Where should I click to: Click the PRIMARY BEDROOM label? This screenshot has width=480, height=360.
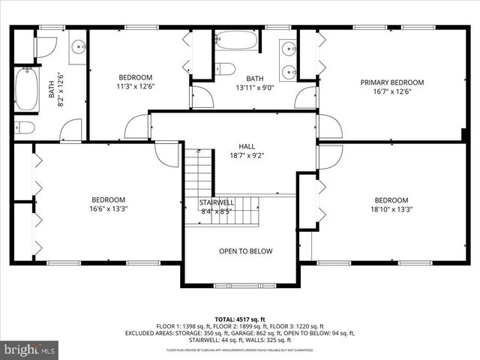coord(391,82)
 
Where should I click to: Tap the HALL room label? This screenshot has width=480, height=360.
coord(247,147)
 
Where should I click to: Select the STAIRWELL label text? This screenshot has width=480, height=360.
coord(217,202)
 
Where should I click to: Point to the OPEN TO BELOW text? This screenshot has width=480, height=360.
coord(245,251)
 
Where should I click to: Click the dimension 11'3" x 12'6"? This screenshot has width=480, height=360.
coord(135,86)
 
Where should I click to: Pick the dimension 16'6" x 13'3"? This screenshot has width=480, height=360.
coord(108,209)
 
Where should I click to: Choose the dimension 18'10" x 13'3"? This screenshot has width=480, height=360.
coord(391,209)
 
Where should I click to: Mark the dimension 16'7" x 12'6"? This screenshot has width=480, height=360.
coord(391,91)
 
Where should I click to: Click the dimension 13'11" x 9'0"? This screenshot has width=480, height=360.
coord(255,87)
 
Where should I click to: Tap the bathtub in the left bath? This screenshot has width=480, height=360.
coord(27,90)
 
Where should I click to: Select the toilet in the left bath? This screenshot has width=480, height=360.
coord(25,127)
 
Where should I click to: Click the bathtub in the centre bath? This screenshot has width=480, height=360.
coord(236,40)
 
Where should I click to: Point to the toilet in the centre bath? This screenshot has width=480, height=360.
coord(225,70)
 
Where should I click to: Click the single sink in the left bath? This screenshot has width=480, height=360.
coord(78,49)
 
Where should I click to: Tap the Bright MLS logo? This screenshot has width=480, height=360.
coord(30,349)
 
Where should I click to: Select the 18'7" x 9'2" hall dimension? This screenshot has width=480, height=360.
coord(247,156)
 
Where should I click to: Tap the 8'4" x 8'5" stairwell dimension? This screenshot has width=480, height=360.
coord(217,211)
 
